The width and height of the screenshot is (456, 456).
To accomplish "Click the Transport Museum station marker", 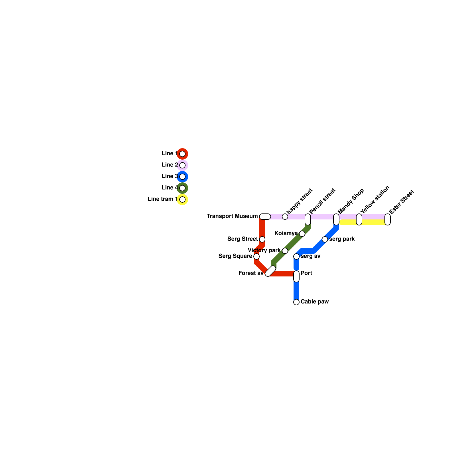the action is tap(265, 217).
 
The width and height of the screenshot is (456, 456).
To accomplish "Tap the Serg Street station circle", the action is tap(262, 239).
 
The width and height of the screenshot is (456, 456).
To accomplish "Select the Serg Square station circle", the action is tap(256, 256).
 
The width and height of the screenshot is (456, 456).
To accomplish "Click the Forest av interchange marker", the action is tap(270, 271).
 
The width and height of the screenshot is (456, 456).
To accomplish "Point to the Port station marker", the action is tap(296, 276).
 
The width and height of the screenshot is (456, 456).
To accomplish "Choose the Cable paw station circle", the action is tap(296, 302).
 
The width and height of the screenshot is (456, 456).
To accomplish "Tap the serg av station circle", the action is tap(296, 256).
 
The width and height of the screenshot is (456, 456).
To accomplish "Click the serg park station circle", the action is tap(325, 239).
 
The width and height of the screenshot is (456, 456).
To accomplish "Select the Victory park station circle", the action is tap(285, 251).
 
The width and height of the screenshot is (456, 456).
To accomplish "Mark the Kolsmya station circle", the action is tap(302, 234).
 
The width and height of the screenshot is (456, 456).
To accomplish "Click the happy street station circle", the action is tap(285, 217).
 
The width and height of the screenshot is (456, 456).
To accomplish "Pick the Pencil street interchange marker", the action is tap(308, 219).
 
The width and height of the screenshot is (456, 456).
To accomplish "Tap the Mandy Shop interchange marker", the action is tap(336, 219).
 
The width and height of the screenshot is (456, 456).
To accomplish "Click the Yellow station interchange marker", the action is tap(359, 219).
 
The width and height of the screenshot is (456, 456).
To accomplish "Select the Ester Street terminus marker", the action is tap(388, 219).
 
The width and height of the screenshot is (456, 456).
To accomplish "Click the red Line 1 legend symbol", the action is tap(182, 154).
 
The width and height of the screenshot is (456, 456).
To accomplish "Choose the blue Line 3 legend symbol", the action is tap(182, 177).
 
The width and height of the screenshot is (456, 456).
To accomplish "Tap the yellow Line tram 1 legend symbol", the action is tap(182, 199).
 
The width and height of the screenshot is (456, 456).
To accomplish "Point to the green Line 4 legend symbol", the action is tap(182, 188).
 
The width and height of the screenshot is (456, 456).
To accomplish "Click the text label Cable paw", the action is tap(315, 302).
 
